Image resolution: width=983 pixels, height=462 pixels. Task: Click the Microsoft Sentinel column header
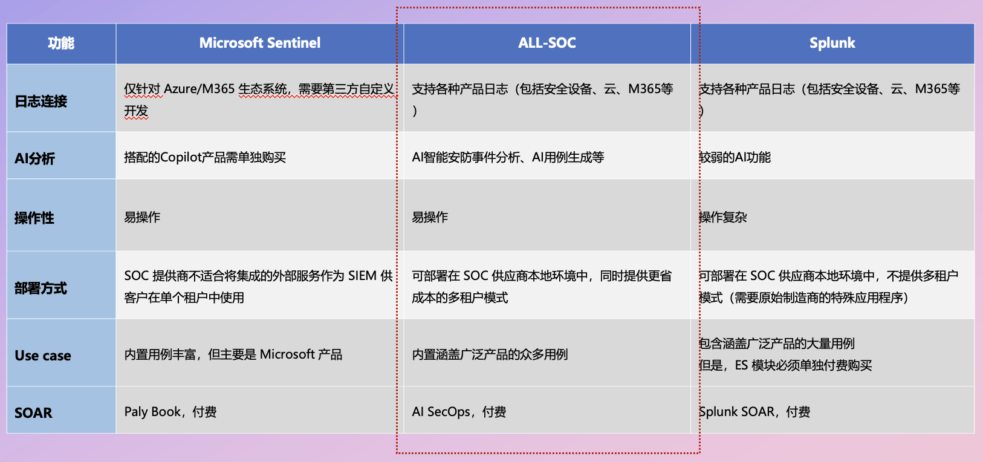[x=260, y=43]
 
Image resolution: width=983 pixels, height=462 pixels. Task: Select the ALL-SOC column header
[x=547, y=43]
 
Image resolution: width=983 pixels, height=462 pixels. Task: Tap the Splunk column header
[x=832, y=43]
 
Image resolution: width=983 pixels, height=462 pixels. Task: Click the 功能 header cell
[x=61, y=43]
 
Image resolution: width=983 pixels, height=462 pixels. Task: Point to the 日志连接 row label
[x=41, y=102]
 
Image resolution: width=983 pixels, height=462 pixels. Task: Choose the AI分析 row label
[x=34, y=158]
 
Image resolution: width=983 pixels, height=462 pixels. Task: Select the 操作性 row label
[x=34, y=218]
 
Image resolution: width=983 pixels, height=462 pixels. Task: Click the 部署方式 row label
[x=41, y=288]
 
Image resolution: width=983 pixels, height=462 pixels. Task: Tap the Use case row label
[x=43, y=356]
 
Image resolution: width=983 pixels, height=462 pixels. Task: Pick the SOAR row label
[x=33, y=413]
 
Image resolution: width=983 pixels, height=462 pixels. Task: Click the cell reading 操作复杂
[x=723, y=217]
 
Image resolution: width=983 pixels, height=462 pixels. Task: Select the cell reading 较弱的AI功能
[x=735, y=157]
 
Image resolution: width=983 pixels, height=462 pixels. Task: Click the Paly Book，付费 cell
[x=170, y=411]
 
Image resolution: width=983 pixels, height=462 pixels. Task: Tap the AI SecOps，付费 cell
[x=459, y=411]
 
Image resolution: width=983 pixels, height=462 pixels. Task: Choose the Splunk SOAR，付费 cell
[x=754, y=411]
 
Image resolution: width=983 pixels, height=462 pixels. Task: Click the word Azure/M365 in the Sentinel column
[x=200, y=89]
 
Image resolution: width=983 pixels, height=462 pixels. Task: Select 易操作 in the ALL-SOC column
[x=430, y=217]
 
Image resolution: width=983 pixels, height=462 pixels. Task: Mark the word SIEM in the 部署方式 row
[x=363, y=276]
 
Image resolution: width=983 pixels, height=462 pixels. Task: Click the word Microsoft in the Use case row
[x=287, y=354]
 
